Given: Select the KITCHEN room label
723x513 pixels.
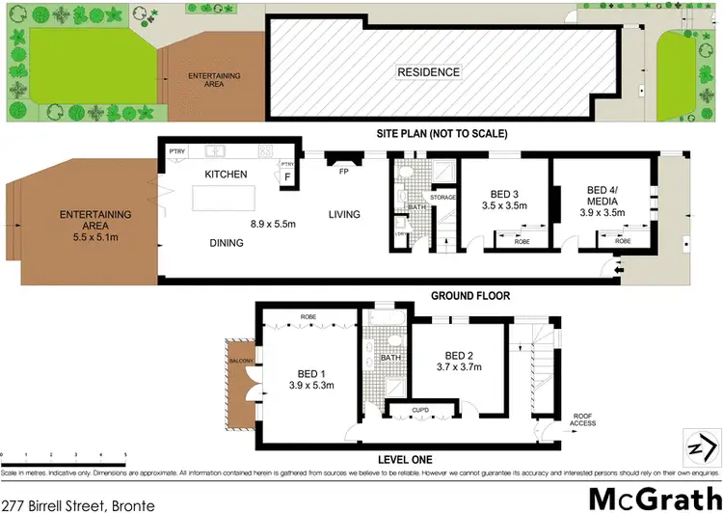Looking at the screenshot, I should (x=227, y=174).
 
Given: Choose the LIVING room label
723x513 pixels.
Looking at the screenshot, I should (x=344, y=214).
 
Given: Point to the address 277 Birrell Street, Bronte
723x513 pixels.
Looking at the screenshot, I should (x=67, y=503).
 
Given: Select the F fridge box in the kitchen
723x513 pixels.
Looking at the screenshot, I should (x=287, y=177).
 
